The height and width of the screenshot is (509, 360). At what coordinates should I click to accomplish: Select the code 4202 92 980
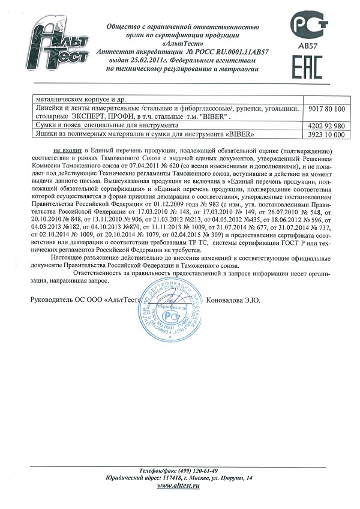tap(329, 125)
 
